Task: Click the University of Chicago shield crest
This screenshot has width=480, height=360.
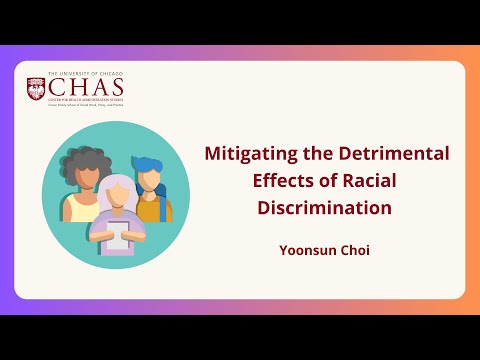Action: pyautogui.click(x=36, y=89)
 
